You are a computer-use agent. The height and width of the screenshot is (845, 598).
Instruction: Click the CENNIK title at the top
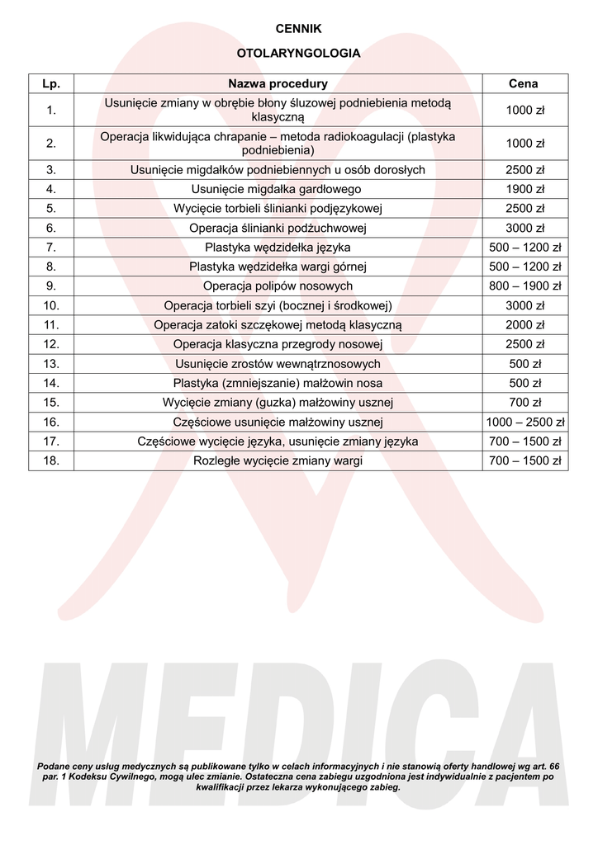[298, 29]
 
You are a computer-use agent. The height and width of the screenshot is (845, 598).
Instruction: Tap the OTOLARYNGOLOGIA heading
[298, 54]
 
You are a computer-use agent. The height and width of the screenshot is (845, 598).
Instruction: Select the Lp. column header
[51, 83]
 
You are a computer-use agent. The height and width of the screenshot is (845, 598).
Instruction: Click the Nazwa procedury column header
[278, 83]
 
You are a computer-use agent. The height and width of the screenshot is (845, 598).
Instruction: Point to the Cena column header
[524, 83]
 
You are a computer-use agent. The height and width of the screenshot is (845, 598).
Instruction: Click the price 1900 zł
[524, 190]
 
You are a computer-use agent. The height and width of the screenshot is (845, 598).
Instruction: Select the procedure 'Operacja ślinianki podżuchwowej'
[278, 228]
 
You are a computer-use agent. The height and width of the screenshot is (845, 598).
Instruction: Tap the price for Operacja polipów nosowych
[524, 286]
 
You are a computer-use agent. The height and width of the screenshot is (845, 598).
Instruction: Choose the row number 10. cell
[51, 305]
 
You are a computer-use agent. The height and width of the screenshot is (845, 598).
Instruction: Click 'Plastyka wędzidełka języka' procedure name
[278, 248]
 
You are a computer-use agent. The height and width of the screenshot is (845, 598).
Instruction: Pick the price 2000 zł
[524, 325]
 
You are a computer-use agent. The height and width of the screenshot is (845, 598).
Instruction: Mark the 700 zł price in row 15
[524, 403]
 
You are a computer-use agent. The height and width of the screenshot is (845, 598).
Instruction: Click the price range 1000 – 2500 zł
[524, 422]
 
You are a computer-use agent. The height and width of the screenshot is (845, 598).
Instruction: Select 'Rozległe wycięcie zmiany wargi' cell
[278, 460]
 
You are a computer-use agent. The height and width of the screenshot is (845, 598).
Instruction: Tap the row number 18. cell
[51, 460]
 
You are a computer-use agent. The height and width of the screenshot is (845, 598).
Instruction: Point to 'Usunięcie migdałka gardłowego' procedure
[278, 190]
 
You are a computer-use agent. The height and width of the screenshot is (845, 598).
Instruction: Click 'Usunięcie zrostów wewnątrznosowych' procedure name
[278, 364]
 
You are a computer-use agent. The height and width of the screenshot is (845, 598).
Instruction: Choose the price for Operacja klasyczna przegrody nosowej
[524, 344]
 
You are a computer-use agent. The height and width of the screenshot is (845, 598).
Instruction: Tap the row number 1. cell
[51, 110]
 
